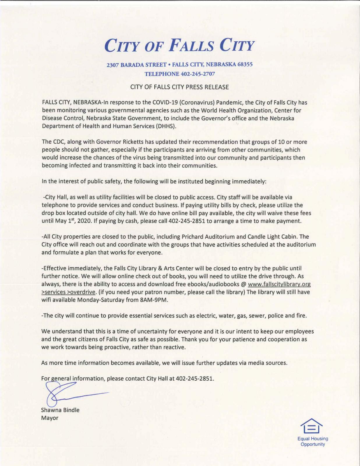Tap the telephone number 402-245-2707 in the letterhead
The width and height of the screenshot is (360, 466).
198,74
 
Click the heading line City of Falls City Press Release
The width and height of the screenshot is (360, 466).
179,87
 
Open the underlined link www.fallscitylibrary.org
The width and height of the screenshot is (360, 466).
279,284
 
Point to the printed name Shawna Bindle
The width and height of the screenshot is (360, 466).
60,410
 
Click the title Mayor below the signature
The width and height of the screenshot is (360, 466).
50,418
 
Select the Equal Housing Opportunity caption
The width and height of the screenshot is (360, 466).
313,441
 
